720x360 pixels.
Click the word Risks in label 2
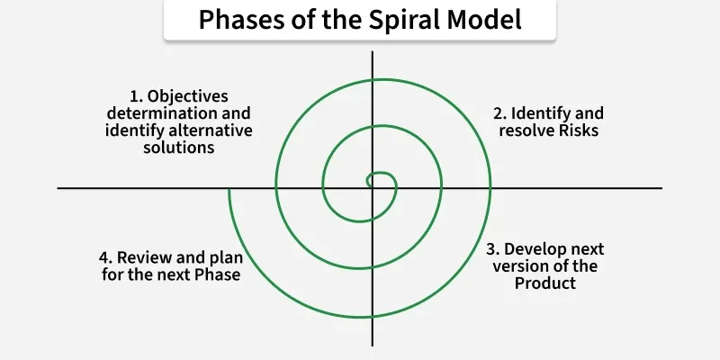pos(577,130)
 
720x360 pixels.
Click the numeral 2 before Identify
pos(497,113)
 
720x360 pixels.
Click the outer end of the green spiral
pos(229,189)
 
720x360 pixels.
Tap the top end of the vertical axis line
pos(372,52)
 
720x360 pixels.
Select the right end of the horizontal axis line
pos(661,188)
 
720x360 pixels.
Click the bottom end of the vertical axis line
pos(372,346)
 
